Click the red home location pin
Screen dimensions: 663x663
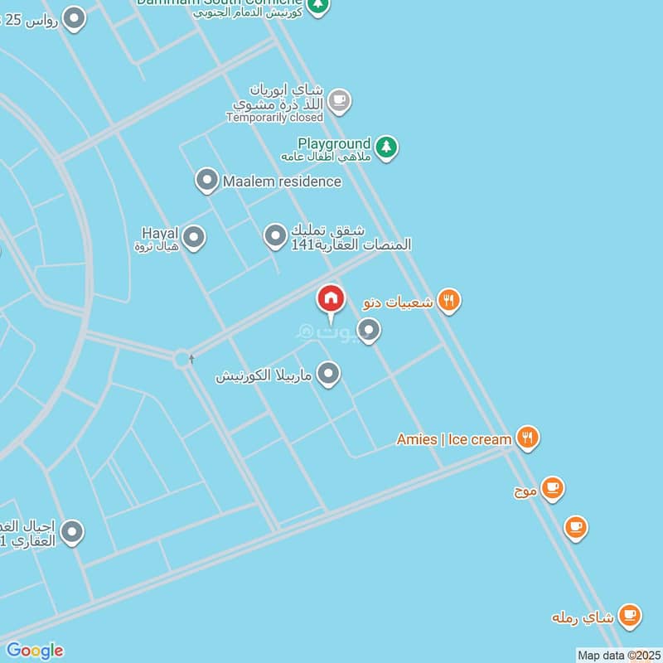(x=331, y=299)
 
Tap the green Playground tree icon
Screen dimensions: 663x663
(x=385, y=148)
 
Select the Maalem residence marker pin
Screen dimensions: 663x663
(x=206, y=180)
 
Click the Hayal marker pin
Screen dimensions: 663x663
(x=194, y=238)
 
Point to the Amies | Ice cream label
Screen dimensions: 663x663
(x=453, y=439)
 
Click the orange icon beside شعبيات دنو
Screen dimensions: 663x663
(x=448, y=300)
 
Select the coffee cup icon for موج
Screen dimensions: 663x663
(x=552, y=488)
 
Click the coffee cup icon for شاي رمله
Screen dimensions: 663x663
(x=629, y=616)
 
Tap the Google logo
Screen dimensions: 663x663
(x=34, y=651)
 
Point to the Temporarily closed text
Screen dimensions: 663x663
(x=274, y=119)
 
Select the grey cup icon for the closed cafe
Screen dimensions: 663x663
(x=338, y=101)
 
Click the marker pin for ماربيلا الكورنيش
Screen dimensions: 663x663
(x=329, y=374)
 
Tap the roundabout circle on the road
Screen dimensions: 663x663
(x=181, y=359)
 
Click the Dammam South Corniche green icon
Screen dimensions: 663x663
(x=317, y=5)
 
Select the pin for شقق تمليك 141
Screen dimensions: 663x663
(x=275, y=236)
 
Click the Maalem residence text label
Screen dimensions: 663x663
(x=282, y=181)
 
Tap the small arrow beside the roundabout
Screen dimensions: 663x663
(x=192, y=359)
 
